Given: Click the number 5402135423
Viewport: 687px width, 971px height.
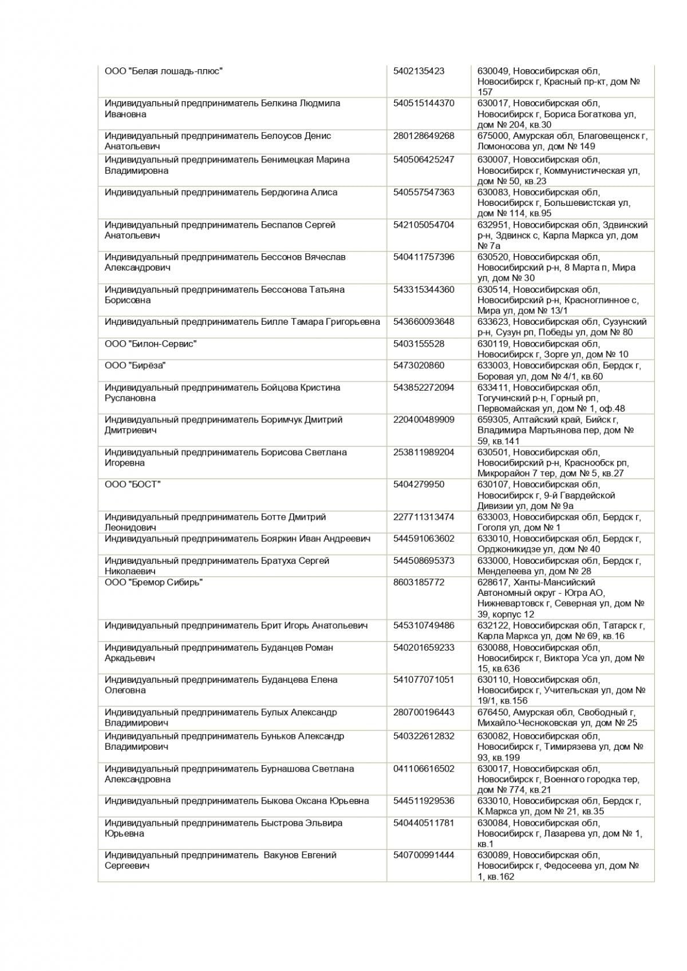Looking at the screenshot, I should (x=418, y=71).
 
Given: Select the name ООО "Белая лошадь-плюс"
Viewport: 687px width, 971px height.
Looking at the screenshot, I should (x=163, y=71).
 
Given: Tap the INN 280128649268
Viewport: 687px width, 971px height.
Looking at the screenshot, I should (x=424, y=136).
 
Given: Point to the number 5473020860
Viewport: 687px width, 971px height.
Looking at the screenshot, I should (x=418, y=366).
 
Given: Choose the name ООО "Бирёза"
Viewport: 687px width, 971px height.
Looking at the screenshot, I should (x=135, y=366).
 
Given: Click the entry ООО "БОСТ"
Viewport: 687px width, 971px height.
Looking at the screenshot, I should (x=133, y=485).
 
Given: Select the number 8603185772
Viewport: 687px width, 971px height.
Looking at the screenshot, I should (x=418, y=583).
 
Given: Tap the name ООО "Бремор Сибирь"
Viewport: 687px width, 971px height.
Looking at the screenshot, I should (x=153, y=583).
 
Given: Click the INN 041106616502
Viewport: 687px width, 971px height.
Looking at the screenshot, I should (x=424, y=769).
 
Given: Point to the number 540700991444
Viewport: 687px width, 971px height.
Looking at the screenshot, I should (x=424, y=855).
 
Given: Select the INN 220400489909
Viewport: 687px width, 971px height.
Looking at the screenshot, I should (x=424, y=420).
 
